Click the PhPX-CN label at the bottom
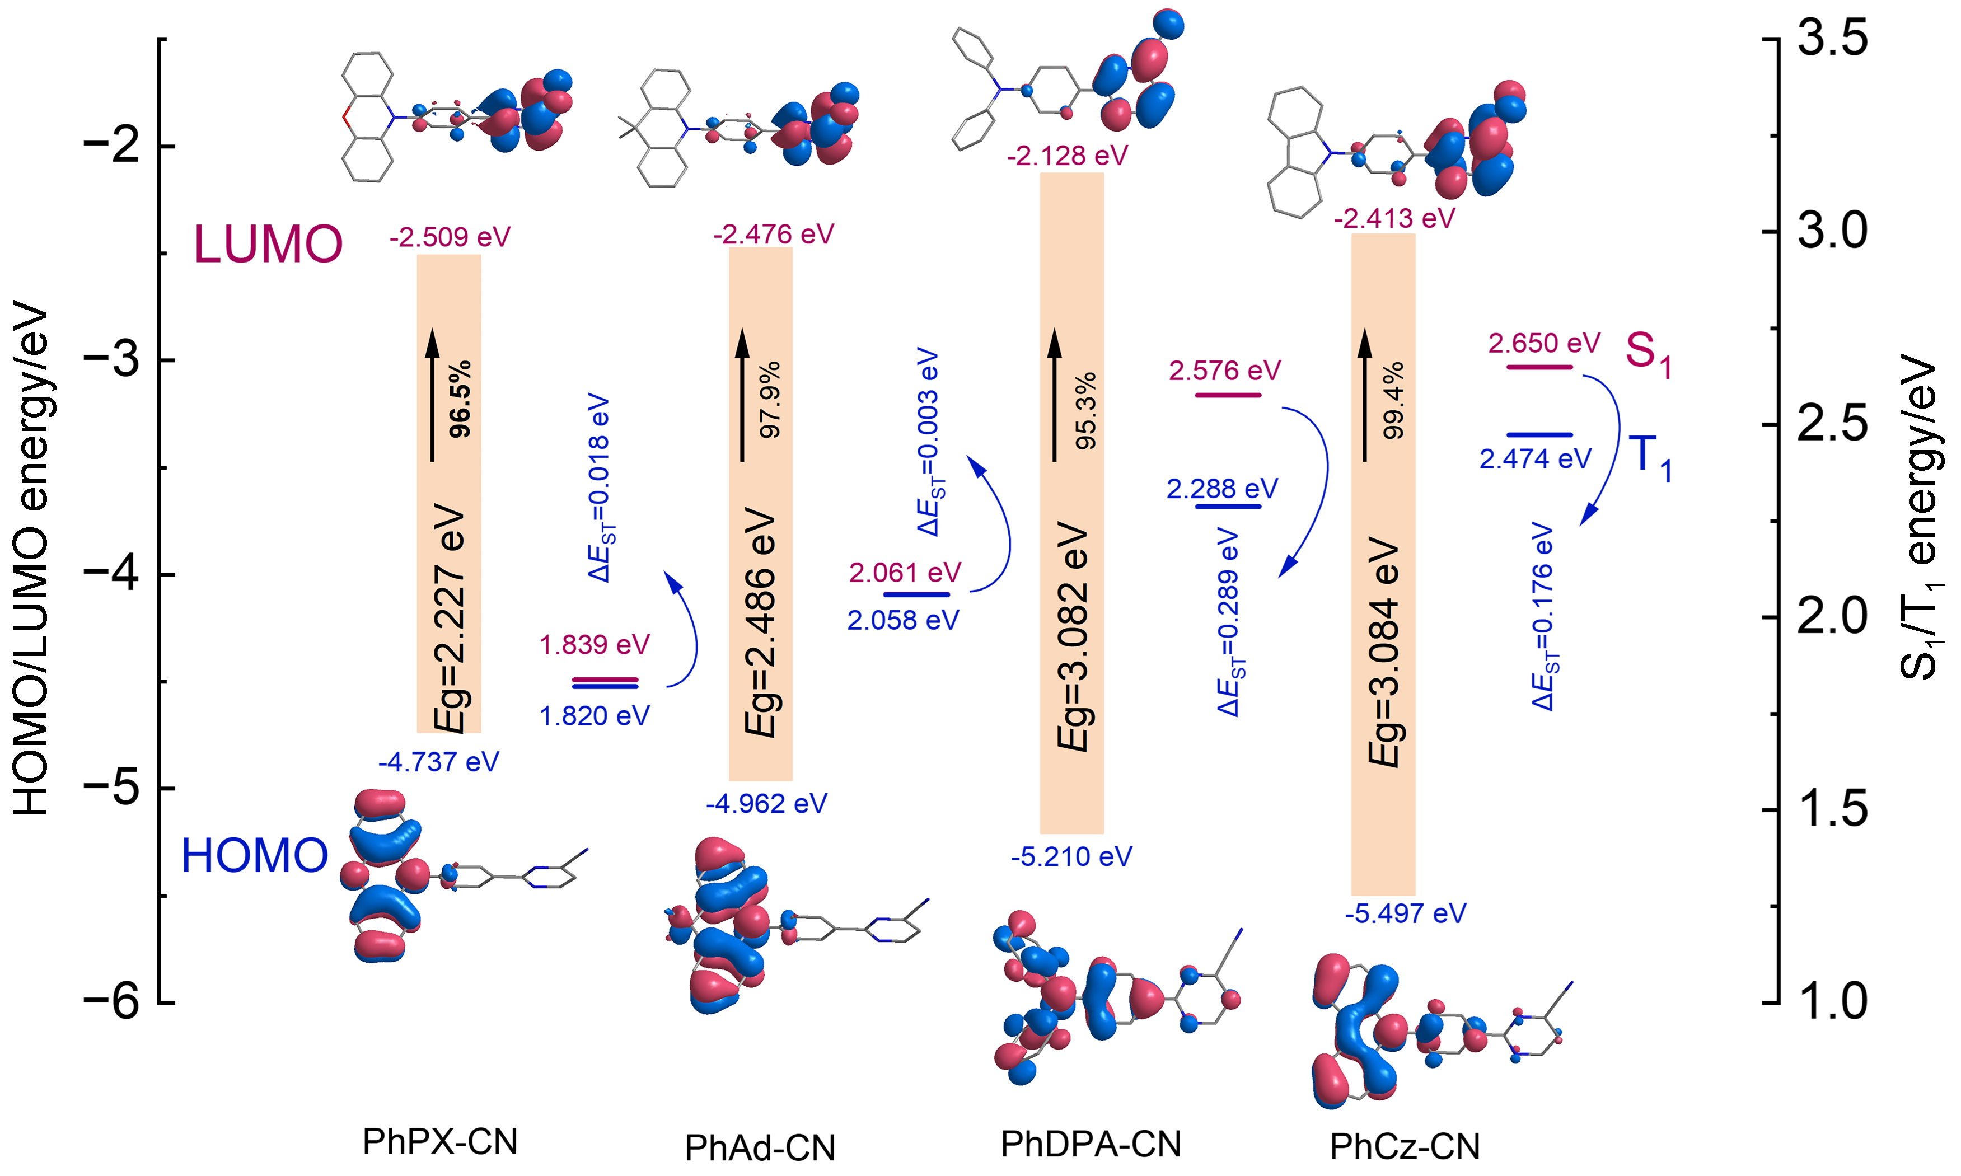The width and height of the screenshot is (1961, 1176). tap(440, 1141)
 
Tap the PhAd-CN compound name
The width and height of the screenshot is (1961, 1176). tap(760, 1147)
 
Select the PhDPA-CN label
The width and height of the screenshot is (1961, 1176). tap(1091, 1144)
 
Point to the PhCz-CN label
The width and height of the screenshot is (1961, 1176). tap(1405, 1146)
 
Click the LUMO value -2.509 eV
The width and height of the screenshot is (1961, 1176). tap(450, 237)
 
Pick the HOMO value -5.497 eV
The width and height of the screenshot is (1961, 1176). tap(1406, 913)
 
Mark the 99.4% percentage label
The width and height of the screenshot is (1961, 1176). tap(1393, 401)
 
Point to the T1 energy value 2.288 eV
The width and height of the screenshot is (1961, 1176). tap(1221, 488)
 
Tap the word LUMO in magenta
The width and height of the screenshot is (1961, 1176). tap(268, 244)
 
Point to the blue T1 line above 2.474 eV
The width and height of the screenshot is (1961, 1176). tap(1539, 434)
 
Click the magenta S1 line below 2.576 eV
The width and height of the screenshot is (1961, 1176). tap(1227, 395)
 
